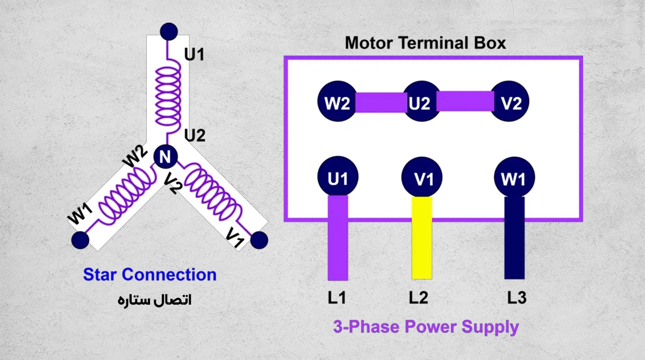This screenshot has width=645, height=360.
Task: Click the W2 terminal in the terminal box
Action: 337,102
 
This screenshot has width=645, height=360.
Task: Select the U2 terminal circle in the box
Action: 422,102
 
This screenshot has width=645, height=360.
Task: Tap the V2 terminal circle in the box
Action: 510,102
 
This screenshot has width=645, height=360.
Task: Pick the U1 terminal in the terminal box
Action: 338,177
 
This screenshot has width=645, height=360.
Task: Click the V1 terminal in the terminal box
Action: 422,177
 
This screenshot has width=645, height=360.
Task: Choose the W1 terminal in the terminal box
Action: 514,177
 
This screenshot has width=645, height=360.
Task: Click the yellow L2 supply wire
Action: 422,237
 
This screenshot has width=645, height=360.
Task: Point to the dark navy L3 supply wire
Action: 514,237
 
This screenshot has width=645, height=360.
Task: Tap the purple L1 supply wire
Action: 338,237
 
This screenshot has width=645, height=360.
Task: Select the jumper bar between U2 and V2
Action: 465,101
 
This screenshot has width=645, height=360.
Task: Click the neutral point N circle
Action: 166,156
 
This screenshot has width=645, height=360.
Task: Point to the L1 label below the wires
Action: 337,298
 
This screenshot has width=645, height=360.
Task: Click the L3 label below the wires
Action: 517,298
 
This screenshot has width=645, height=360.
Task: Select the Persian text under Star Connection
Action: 155,300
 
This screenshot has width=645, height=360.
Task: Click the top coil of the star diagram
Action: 168,95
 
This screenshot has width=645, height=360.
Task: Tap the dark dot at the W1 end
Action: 80,240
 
